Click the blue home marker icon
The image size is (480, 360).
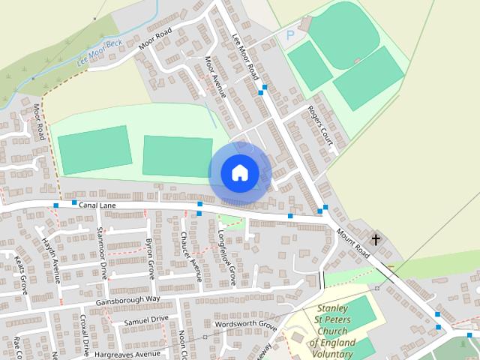click(x=239, y=173)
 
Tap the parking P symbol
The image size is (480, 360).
click(x=291, y=34)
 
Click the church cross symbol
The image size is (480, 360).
click(x=375, y=241)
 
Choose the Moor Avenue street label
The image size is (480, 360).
click(x=215, y=78)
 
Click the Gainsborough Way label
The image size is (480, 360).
click(x=128, y=300)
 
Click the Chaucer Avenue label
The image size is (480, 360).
click(x=190, y=256)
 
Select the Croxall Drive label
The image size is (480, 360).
click(x=85, y=335)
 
